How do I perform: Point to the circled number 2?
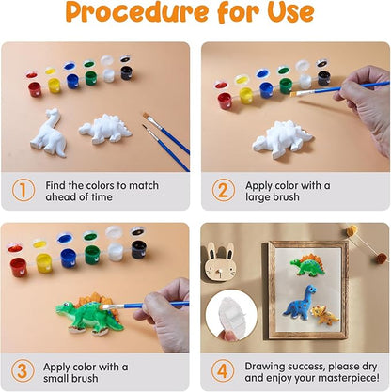[x=223, y=190]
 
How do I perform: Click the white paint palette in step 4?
[x=230, y=309]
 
